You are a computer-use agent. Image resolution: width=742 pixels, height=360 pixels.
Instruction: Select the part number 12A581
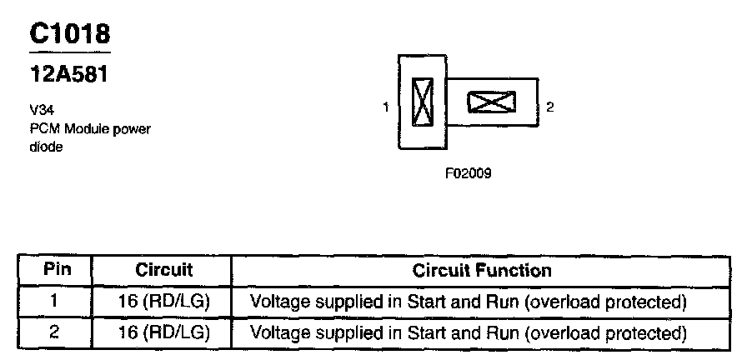pos(69,74)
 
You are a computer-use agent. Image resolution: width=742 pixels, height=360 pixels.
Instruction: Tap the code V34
pos(41,109)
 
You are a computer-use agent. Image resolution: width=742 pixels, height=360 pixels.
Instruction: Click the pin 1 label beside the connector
pos(386,107)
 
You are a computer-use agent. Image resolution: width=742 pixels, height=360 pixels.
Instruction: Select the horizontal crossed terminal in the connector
pos(491,102)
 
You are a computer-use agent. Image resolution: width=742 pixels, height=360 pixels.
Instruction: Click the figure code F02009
pos(468,174)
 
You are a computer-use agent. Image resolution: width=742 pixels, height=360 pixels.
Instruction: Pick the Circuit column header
pos(163,270)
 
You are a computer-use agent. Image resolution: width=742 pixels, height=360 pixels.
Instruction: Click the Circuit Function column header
pos(482,270)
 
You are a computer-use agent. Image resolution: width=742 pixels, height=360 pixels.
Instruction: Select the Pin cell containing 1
pos(55,301)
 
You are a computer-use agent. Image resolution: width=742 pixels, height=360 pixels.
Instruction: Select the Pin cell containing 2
pos(55,332)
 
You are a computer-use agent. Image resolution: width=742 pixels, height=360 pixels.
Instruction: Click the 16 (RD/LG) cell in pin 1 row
pos(163,301)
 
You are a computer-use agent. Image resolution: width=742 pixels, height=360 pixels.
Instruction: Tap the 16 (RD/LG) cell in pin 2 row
pos(163,332)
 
